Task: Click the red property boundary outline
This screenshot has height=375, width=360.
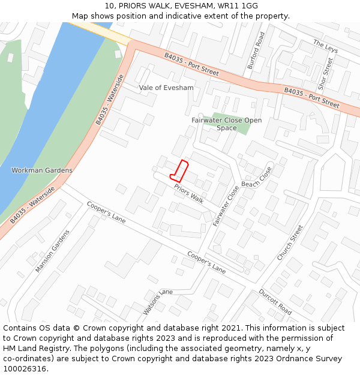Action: (x=180, y=171)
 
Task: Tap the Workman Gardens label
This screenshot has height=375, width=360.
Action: (x=42, y=170)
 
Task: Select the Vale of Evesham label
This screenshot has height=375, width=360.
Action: (x=166, y=88)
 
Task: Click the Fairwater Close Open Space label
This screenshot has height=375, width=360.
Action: (x=227, y=124)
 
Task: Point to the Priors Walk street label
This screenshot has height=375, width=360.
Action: (x=189, y=194)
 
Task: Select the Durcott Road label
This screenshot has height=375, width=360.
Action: (x=275, y=302)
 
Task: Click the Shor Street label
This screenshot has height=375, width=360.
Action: (x=325, y=74)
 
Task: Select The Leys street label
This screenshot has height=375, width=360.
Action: (x=326, y=46)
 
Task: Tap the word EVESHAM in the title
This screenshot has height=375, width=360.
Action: (x=194, y=5)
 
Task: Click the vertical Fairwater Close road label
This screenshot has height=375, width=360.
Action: (x=226, y=206)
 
